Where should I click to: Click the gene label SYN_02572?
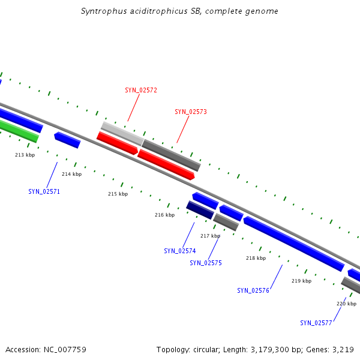141,90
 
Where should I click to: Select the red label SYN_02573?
191,112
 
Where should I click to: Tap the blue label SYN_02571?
44,191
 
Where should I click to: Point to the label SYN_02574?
180,251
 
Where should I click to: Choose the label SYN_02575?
206,263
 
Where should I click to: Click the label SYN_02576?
253,290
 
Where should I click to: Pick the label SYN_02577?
316,323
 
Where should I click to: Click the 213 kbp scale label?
25,155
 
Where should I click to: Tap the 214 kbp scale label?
71,174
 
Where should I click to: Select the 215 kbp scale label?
118,194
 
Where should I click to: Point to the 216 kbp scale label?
164,215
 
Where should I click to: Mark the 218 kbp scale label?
256,258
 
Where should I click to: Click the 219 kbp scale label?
301,281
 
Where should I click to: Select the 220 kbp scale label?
346,304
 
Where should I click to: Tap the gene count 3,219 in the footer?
341,349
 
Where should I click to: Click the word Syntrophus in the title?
103,11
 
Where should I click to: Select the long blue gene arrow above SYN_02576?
293,244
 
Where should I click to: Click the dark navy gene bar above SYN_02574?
200,210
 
